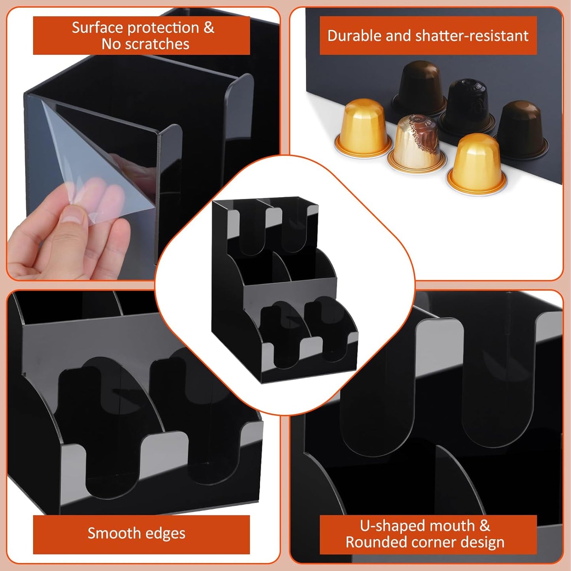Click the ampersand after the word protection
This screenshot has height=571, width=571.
coord(209,28)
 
